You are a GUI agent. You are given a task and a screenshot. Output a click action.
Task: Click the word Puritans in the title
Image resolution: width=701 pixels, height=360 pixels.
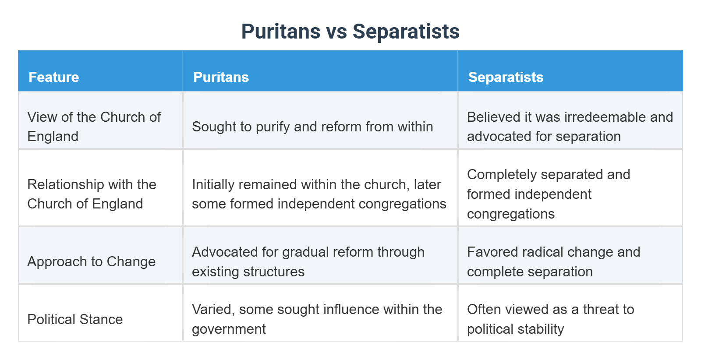pos(281,32)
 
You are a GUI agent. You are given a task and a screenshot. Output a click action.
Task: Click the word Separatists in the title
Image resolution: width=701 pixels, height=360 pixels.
pos(406,32)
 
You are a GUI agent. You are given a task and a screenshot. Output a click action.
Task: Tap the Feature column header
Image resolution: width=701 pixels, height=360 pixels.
pos(53,77)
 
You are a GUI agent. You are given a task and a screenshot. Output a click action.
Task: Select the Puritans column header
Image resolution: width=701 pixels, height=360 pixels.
pos(221,77)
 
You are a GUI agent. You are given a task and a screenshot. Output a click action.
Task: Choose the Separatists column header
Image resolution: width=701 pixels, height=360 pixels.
pos(506,77)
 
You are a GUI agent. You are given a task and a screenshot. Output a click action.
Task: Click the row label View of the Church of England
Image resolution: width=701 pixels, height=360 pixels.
pos(94,127)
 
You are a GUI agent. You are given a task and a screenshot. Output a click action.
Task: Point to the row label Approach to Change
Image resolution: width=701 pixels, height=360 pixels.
pos(91,261)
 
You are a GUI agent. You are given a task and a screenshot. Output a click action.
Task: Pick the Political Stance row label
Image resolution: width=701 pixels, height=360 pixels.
pos(75,319)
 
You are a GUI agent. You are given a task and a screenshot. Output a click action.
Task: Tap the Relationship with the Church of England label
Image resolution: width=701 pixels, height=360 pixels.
pos(92,194)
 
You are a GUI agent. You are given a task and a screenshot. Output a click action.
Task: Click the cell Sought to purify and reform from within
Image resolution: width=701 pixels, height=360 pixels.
pos(312,127)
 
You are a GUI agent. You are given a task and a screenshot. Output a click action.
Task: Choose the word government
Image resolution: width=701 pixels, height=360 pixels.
pos(229,329)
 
